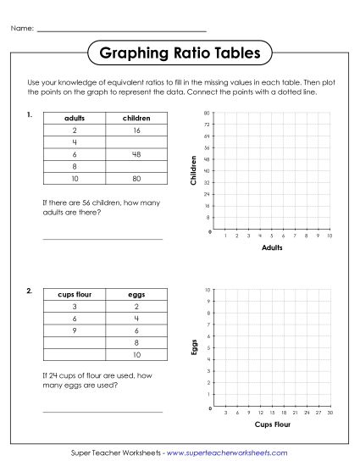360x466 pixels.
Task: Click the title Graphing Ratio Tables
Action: tap(180, 53)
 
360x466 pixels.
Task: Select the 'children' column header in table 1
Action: tap(136, 119)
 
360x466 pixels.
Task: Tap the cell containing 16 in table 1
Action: tap(136, 131)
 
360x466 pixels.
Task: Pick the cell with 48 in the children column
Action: tap(136, 155)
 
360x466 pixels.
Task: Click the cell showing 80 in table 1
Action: tap(136, 180)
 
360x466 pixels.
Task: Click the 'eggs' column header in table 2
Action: tap(136, 294)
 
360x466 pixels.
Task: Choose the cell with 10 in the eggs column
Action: tap(136, 354)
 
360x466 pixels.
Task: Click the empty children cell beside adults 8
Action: tap(136, 168)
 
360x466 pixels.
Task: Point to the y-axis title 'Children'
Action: tap(194, 170)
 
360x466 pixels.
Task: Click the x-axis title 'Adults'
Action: tap(272, 248)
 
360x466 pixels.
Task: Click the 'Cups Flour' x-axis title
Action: tap(272, 424)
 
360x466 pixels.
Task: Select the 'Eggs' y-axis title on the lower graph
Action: tap(194, 347)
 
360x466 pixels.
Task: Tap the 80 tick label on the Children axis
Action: tap(208, 113)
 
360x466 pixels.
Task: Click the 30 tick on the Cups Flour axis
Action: tap(329, 413)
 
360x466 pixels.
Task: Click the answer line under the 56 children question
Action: tap(102, 238)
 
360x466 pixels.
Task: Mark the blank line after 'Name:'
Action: tap(110, 31)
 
